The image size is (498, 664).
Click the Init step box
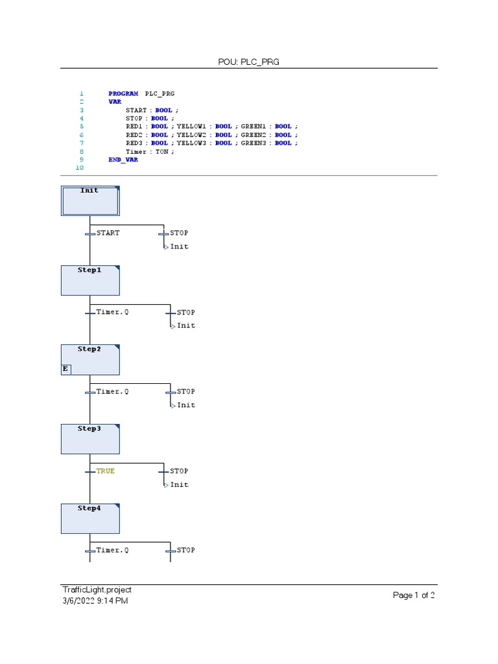(90, 201)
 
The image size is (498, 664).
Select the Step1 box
(90, 280)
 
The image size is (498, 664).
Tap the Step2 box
(90, 359)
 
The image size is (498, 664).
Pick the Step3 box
(90, 439)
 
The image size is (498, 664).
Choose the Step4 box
(90, 518)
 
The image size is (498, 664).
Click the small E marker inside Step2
(65, 369)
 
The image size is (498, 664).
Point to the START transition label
(108, 233)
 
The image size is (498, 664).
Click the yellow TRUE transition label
(105, 471)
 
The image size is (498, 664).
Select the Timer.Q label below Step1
(112, 312)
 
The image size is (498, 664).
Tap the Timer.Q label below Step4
(112, 550)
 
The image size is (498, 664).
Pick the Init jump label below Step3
(180, 484)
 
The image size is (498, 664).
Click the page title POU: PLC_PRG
(249, 62)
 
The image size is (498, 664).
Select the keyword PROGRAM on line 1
(123, 93)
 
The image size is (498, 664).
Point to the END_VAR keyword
(123, 160)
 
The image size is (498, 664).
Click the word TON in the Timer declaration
(161, 151)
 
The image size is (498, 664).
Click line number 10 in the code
(80, 168)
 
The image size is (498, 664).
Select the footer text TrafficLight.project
(97, 589)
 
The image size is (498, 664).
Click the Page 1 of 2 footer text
(414, 595)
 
